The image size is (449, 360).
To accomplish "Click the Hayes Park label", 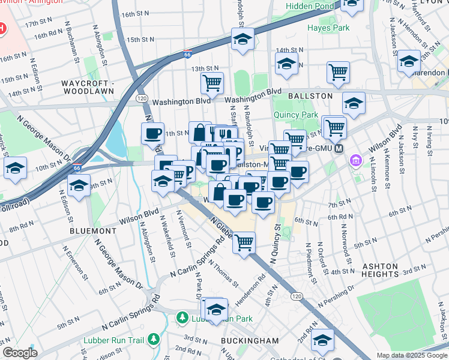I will [x=328, y=28].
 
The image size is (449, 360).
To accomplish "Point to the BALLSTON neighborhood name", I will [x=310, y=96].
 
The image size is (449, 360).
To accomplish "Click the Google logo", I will [x=20, y=353].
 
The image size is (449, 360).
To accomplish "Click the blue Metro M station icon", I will [x=339, y=148].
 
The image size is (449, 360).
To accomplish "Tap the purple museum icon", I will [x=355, y=161].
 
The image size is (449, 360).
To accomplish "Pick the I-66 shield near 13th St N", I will [x=188, y=55].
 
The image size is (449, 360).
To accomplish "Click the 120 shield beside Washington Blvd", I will [x=142, y=97].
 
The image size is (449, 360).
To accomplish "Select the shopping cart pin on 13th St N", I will [x=212, y=82].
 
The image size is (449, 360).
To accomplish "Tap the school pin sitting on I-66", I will [x=243, y=40].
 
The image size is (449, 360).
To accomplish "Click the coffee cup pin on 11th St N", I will [x=153, y=133].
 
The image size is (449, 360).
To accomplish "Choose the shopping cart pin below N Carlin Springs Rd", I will [x=244, y=243].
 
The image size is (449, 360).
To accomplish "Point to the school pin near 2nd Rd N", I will [x=322, y=340].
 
